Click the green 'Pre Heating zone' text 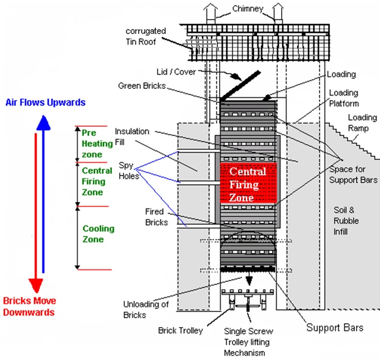(97, 143)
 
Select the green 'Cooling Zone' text (98, 234)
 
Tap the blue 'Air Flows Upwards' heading (45, 102)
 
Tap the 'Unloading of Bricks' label (144, 309)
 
